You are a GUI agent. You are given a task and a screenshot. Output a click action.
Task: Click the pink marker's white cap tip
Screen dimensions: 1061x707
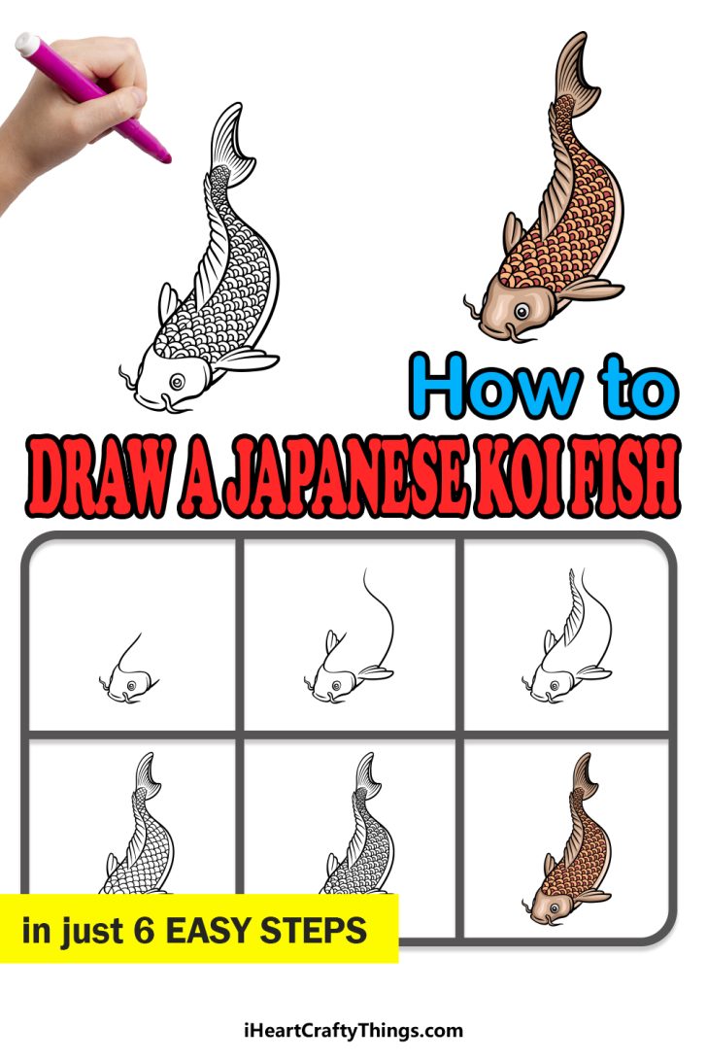pos(23,44)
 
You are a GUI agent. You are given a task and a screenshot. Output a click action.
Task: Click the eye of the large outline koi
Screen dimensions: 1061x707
pos(178,379)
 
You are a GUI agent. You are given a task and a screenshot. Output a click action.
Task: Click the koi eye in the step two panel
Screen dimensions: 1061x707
pos(336,685)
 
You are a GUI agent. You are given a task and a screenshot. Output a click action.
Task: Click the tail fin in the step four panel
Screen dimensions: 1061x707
pos(145,771)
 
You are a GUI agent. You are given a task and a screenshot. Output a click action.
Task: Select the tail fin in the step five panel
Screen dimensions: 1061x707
pos(365,773)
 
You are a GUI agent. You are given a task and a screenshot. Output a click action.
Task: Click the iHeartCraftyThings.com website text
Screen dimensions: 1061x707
pos(353,1031)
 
